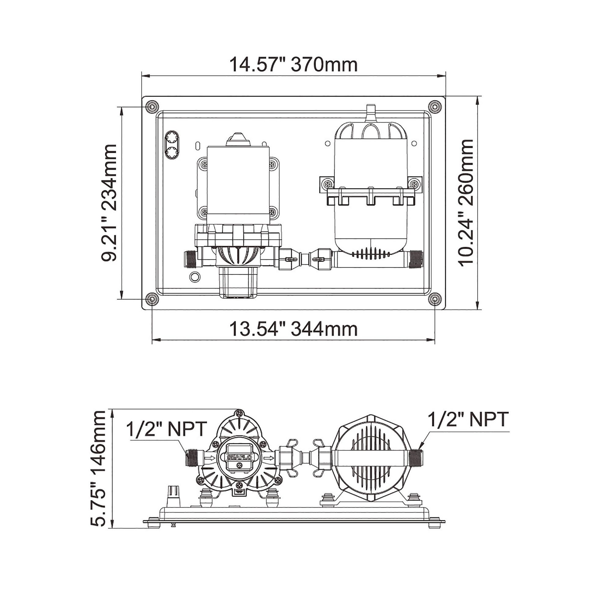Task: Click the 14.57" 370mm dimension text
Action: (x=293, y=65)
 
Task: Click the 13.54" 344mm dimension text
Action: (x=293, y=329)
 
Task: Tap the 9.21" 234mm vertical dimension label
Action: (x=109, y=203)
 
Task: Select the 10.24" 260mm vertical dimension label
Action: (x=466, y=203)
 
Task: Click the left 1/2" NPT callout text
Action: (x=167, y=429)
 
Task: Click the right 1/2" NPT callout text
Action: (x=468, y=420)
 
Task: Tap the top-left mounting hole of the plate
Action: (x=152, y=107)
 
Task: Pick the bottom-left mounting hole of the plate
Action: (x=152, y=299)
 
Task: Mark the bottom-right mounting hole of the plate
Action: (x=435, y=299)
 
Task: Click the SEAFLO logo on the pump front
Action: (x=240, y=458)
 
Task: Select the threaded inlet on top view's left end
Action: (x=190, y=259)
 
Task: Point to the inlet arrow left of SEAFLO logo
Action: (x=210, y=458)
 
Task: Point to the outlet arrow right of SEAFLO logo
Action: (x=269, y=458)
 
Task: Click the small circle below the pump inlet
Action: (x=195, y=277)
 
